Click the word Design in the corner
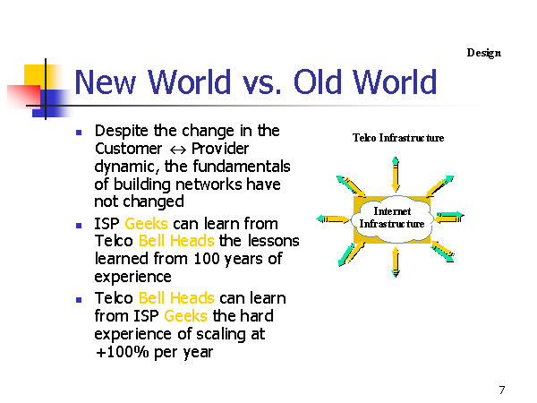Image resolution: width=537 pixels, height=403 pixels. pyautogui.click(x=483, y=53)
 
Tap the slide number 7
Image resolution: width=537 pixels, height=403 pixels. pyautogui.click(x=502, y=390)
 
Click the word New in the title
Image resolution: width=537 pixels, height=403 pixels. pyautogui.click(x=105, y=81)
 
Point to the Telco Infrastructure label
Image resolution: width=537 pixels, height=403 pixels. pyautogui.click(x=398, y=138)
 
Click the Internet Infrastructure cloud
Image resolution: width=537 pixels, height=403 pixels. pyautogui.click(x=392, y=219)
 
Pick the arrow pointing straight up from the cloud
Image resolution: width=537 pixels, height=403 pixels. pyautogui.click(x=396, y=174)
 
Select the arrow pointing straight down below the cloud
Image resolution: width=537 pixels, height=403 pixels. pyautogui.click(x=396, y=262)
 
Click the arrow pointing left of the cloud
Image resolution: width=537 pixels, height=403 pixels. pyautogui.click(x=333, y=219)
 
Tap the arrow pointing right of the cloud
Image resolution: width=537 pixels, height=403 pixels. pyautogui.click(x=449, y=218)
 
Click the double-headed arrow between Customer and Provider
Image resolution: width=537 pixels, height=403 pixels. pyautogui.click(x=178, y=150)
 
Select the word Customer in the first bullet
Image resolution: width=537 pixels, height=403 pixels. pyautogui.click(x=128, y=149)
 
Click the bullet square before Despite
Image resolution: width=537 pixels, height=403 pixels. pyautogui.click(x=79, y=133)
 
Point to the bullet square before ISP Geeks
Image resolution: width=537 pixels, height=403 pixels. pyautogui.click(x=79, y=225)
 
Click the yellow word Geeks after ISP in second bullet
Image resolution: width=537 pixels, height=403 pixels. pyautogui.click(x=146, y=224)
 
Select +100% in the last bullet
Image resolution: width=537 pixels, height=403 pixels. pyautogui.click(x=122, y=352)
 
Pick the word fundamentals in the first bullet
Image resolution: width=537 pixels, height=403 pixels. pyautogui.click(x=242, y=167)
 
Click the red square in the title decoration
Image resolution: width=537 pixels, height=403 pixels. pyautogui.click(x=23, y=97)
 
